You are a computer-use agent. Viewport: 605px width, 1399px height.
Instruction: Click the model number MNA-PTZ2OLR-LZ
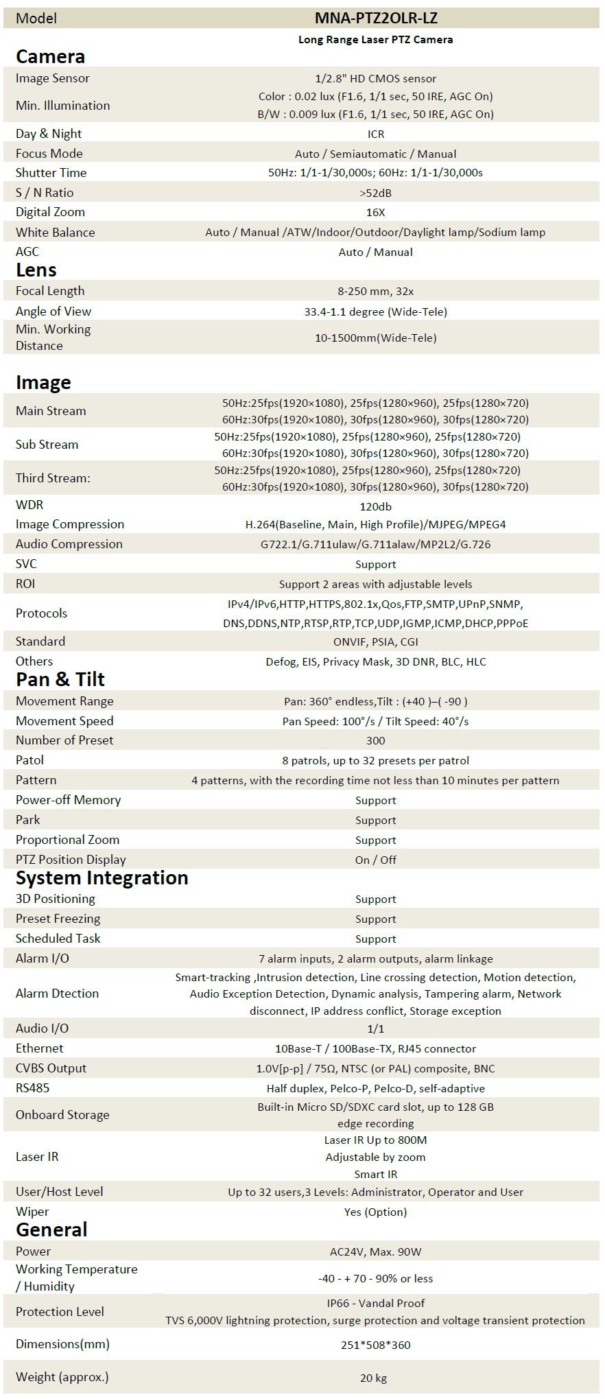pos(375,19)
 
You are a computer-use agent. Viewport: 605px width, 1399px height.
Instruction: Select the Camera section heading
pos(50,56)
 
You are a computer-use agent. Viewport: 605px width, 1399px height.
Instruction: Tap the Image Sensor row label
pos(53,78)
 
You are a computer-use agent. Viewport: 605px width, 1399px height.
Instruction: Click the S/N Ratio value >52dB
pos(375,193)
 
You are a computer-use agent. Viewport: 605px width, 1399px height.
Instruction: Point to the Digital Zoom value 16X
pos(375,213)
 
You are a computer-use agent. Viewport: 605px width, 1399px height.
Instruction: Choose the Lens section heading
pos(36,270)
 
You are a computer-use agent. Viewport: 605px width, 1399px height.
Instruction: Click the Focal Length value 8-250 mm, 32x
pos(375,292)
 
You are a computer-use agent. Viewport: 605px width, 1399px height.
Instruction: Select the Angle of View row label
pos(54,311)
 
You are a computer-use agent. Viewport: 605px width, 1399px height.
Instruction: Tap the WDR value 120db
pos(375,506)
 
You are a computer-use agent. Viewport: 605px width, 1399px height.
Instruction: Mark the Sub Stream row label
pos(47,445)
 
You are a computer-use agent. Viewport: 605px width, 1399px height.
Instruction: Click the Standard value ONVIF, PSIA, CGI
pos(375,642)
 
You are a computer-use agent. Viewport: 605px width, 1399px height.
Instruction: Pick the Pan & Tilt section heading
pos(60,679)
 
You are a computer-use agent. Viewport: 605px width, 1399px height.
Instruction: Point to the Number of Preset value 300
pos(375,741)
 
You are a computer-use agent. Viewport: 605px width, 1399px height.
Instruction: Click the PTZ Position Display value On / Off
pos(375,860)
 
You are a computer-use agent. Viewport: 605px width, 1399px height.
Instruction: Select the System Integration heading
pos(102,878)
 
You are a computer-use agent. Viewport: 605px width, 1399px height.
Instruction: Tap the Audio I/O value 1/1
pos(375,1028)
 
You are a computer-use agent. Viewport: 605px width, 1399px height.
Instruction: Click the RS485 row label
pos(33,1088)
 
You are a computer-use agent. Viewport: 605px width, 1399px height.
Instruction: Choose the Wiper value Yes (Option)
pos(375,1212)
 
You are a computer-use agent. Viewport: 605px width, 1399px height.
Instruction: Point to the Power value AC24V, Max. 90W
pos(375,1251)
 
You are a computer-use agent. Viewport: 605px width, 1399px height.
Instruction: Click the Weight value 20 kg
pos(375,1378)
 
